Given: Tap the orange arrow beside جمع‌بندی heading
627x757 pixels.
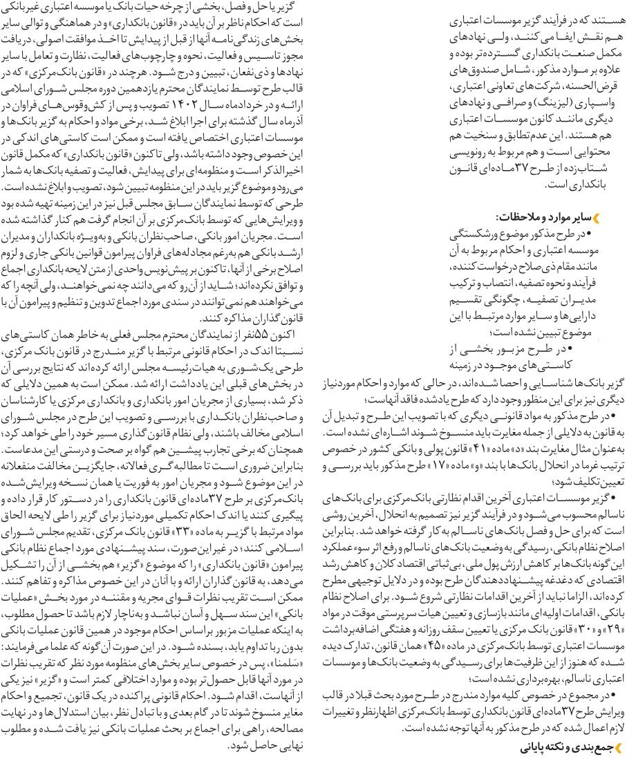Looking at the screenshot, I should coord(618,746).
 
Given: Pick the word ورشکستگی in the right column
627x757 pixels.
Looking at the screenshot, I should coord(480,233).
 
